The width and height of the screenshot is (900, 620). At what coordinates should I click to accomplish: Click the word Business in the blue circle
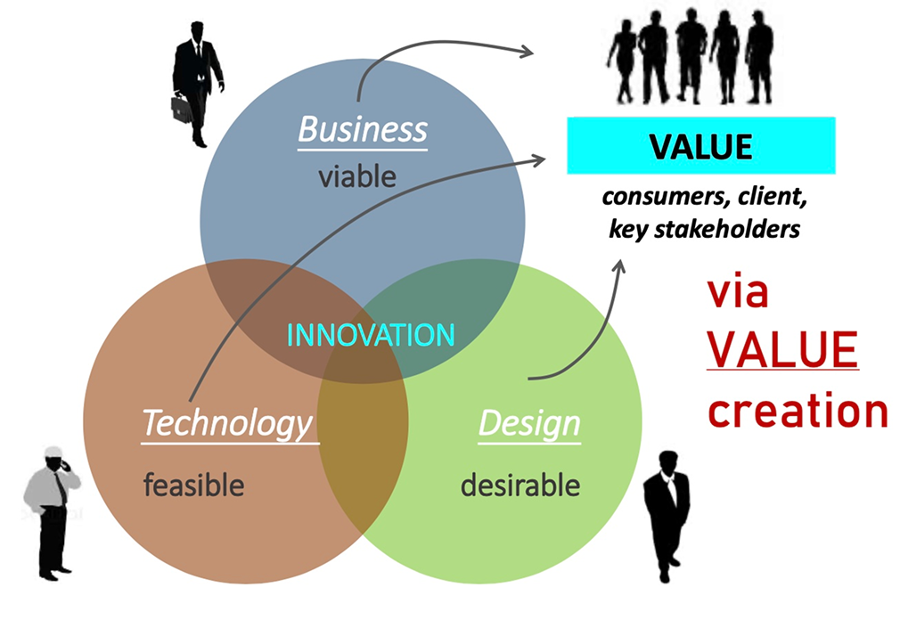(x=362, y=130)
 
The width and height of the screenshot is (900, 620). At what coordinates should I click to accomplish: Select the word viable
(x=356, y=175)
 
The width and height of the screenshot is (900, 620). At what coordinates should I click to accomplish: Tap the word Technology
(x=227, y=423)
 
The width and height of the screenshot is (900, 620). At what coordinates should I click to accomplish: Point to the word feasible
(x=192, y=485)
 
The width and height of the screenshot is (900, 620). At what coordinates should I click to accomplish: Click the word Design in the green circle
(x=528, y=423)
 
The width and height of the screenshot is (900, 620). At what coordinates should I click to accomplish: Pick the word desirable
(x=520, y=485)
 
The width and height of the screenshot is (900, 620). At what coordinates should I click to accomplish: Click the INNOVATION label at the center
(x=370, y=335)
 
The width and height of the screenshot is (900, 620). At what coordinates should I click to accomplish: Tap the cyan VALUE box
(x=700, y=145)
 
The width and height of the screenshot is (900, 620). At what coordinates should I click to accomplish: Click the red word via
(x=738, y=292)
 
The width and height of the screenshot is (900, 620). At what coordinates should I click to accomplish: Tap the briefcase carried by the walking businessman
(x=182, y=108)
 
